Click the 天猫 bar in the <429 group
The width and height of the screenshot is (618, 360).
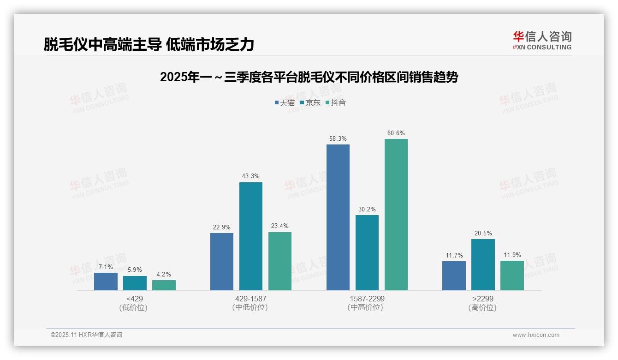[106, 282]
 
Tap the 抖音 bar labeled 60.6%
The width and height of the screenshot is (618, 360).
[396, 215]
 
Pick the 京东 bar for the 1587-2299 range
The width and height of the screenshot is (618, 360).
[367, 253]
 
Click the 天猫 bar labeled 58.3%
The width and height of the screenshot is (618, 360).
[338, 217]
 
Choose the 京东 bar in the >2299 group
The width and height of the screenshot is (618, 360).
[483, 264]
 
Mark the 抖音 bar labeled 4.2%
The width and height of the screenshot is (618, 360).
[164, 285]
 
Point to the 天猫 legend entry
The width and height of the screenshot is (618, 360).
[284, 102]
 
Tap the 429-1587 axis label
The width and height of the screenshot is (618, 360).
[250, 299]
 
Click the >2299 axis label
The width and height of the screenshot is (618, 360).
[482, 299]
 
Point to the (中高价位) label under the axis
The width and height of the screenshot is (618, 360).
[365, 307]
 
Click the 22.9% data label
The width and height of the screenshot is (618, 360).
[221, 227]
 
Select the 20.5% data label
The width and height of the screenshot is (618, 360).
[483, 233]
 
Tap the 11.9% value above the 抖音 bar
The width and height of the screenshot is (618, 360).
[512, 255]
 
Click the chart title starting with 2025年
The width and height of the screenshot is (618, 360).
[309, 77]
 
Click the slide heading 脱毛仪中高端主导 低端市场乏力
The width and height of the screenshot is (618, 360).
[149, 44]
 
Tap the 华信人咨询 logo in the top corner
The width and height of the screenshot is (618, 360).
[542, 40]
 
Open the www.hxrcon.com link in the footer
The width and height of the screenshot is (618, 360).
[535, 335]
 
